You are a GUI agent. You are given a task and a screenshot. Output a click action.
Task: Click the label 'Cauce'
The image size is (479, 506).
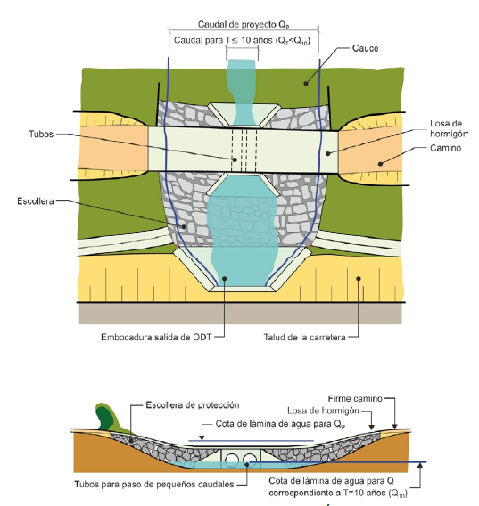point(365,48)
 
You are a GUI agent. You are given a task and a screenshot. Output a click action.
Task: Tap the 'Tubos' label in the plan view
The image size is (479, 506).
point(41,134)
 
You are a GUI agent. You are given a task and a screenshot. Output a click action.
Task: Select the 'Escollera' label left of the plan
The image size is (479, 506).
point(36,201)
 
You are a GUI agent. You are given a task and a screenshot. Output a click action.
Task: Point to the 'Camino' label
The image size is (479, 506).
point(445,148)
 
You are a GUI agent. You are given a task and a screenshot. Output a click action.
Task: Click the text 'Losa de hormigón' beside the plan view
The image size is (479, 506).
point(449,129)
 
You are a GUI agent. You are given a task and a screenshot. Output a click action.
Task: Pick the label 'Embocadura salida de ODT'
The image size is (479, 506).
point(156,338)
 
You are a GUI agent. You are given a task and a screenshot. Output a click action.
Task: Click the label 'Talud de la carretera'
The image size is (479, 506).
point(304,338)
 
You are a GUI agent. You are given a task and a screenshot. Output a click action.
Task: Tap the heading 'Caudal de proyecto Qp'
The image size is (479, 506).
point(244,25)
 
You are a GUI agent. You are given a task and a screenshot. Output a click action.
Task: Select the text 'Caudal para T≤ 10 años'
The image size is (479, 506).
point(222,40)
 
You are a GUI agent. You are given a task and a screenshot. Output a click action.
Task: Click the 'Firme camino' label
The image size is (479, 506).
point(355,399)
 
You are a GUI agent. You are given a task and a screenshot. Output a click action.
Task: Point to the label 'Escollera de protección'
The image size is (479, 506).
point(193,405)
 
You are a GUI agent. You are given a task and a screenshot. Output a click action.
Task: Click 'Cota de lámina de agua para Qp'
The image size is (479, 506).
point(280,424)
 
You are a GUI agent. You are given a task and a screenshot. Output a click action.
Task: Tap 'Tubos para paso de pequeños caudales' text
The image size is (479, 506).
point(154,484)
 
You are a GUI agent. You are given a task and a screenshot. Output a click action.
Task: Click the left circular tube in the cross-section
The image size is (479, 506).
point(232,460)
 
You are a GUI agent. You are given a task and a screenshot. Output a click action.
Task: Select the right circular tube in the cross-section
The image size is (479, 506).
point(250,460)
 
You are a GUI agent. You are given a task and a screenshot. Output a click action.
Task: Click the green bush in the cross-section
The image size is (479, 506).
point(108,417)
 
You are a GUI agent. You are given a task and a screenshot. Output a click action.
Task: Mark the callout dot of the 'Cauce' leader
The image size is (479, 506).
point(306,84)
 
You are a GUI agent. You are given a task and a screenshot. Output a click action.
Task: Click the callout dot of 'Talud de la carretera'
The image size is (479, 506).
point(358,279)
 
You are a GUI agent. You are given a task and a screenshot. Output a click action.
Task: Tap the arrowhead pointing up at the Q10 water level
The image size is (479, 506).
point(420,465)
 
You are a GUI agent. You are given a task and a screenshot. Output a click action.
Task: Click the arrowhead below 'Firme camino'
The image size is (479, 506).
point(394,427)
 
